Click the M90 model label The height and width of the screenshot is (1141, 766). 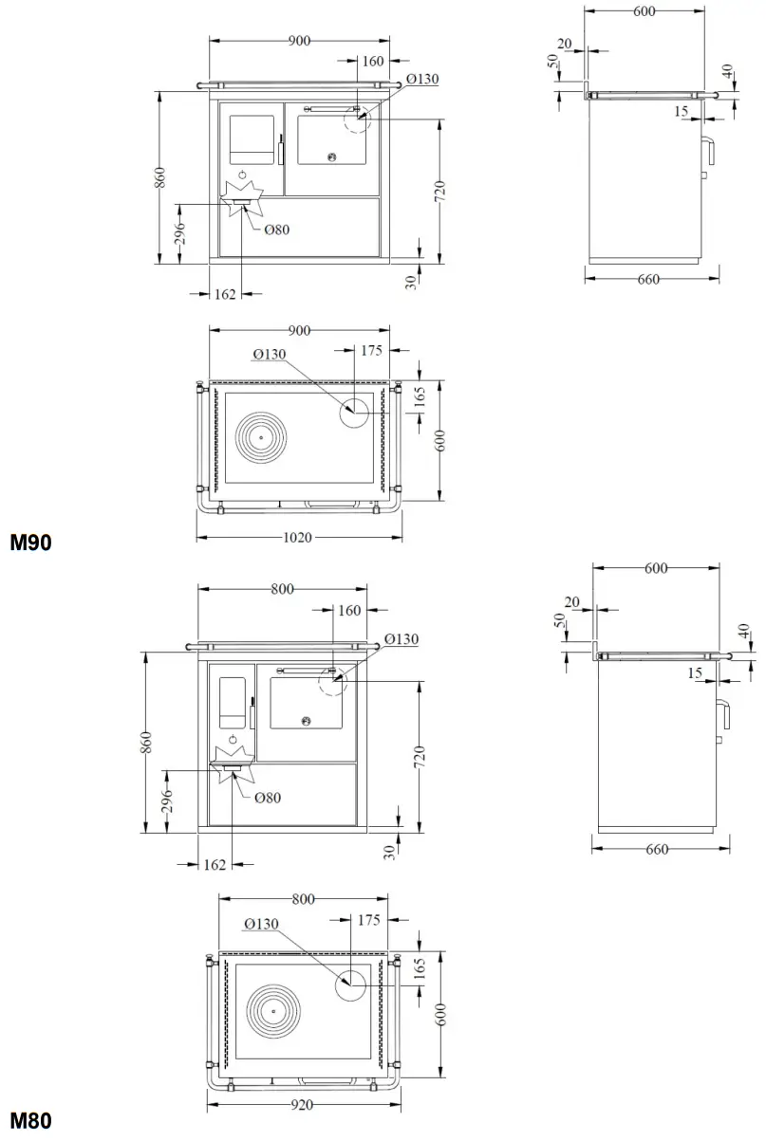pos(29,543)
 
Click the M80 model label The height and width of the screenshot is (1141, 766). pos(29,1122)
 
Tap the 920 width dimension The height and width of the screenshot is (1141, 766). pos(303,1104)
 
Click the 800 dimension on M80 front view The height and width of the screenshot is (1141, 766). pos(282,589)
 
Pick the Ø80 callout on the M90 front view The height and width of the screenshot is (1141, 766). pos(276,230)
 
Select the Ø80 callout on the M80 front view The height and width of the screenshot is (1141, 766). pos(268,798)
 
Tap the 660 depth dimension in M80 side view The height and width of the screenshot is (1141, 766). pos(656,849)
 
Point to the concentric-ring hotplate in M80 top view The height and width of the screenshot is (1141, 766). pos(273,1011)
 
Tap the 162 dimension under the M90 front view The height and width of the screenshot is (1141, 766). pos(225,295)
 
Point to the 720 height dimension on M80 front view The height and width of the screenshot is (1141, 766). pos(420,756)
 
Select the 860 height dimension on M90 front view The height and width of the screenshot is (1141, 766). pos(160,177)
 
